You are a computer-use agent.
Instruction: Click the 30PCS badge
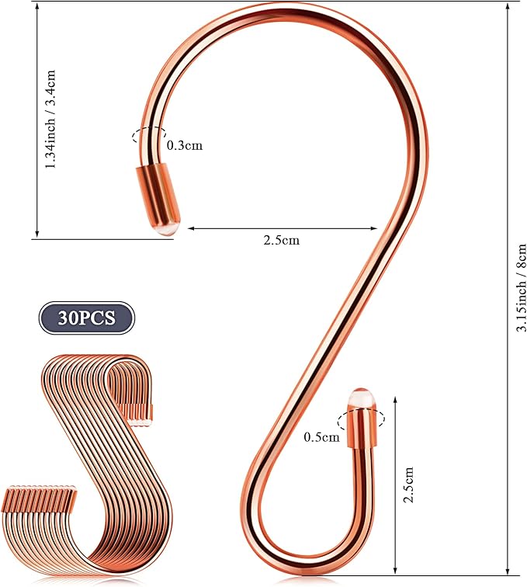coord(86,318)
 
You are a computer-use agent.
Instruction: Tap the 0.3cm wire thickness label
coord(185,145)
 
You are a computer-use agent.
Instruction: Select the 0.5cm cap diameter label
coord(321,437)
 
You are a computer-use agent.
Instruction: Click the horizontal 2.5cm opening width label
coord(282,240)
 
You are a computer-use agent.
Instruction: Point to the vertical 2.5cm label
coord(407,485)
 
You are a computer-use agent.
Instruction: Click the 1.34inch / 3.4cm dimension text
coord(50,119)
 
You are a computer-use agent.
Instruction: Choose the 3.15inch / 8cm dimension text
coord(522,287)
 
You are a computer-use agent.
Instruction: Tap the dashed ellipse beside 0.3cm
coord(149,135)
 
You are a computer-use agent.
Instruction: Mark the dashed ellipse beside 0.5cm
coord(361,419)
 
